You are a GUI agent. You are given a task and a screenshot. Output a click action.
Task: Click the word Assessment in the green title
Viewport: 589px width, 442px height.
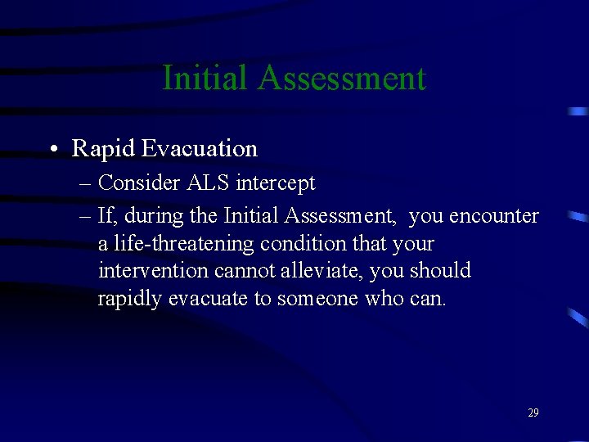coord(341,78)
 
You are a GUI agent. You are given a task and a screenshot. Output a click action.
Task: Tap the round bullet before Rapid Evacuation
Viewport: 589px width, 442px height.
coord(52,149)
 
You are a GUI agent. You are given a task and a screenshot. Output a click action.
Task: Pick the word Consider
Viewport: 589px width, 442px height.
coord(139,183)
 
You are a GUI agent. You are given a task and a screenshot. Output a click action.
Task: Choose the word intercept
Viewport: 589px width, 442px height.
coord(275,183)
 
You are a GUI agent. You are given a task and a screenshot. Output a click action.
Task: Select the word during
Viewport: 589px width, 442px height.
coord(153,216)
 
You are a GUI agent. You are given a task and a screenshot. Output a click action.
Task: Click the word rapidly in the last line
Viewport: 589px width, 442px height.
coord(130,299)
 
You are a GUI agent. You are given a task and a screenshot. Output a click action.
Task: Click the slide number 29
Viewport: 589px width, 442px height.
coord(533,413)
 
